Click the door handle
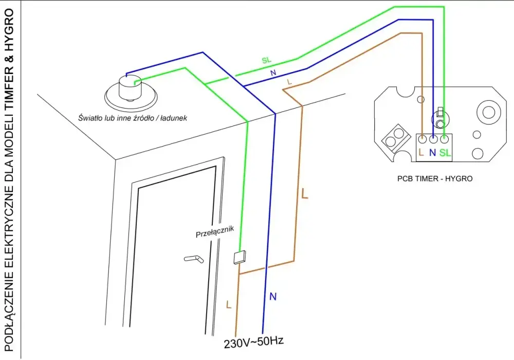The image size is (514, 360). coord(194,259)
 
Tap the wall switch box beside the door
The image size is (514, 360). coord(240,257)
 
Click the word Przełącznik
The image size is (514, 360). coord(215,231)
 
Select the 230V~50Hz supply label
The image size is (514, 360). coord(254,343)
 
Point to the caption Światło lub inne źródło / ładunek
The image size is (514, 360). coord(133,118)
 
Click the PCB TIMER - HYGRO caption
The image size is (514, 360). coord(435,178)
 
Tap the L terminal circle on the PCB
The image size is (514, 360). coord(423,139)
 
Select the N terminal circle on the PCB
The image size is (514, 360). coord(433,139)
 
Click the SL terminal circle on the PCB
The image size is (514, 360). coord(444,139)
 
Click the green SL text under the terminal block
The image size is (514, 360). coord(445,153)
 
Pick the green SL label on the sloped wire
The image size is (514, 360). coord(266,60)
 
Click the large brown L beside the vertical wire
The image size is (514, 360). coord(305,193)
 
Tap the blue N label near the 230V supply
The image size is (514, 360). coord(273,297)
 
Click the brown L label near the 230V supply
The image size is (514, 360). coord(229,304)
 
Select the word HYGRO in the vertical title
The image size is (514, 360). coord(9,30)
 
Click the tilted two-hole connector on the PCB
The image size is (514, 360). coord(396,138)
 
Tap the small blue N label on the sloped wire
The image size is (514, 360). coord(273,73)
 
